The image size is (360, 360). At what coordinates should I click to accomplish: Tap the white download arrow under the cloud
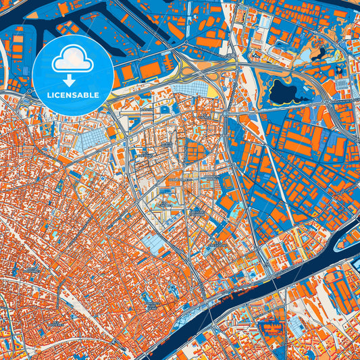(x=73, y=80)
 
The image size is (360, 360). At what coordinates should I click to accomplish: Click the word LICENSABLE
(x=73, y=95)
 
